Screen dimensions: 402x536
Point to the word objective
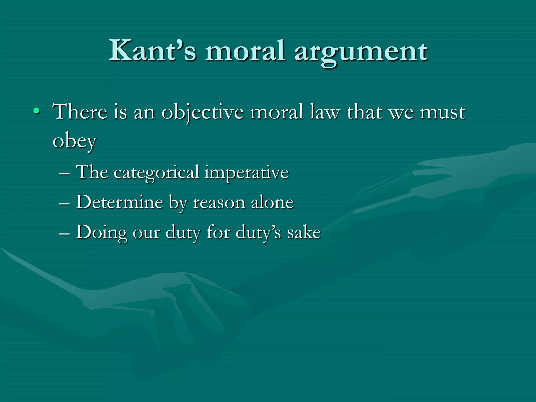pyautogui.click(x=202, y=113)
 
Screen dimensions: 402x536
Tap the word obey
pyautogui.click(x=74, y=142)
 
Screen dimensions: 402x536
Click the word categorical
pyautogui.click(x=156, y=173)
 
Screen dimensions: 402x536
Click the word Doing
pyautogui.click(x=102, y=233)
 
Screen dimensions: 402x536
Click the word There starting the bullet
pyautogui.click(x=80, y=112)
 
